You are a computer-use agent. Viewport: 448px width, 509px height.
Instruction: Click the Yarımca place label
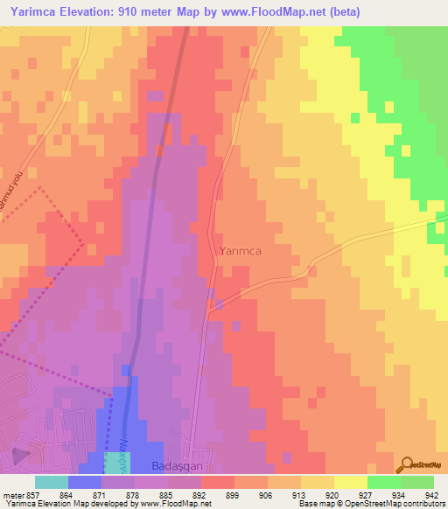pos(240,250)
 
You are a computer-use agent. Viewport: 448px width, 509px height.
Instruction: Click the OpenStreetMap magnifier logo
pos(407,464)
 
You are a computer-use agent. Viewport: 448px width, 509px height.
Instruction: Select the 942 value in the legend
pos(432,494)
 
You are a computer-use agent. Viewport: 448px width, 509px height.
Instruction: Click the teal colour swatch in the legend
pos(52,482)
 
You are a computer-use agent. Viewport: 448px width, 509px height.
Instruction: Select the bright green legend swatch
pos(384,482)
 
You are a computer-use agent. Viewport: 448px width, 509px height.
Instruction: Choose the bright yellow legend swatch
pos(351,482)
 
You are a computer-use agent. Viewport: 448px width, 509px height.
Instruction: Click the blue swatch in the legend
pos(85,482)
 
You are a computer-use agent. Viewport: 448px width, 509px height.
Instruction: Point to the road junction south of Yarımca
pos(209,307)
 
